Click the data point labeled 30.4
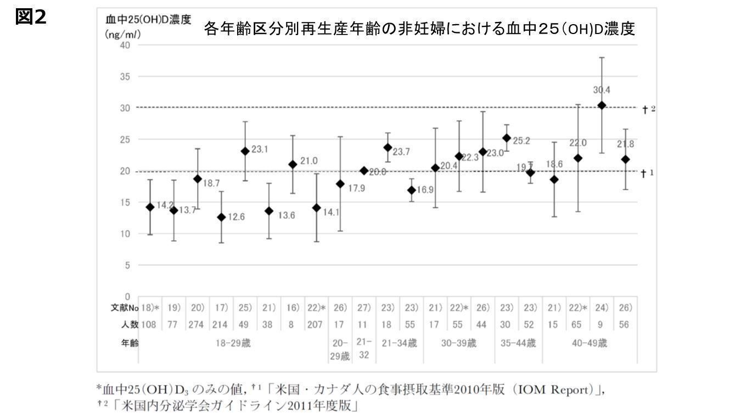[602, 105]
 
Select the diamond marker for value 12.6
[221, 217]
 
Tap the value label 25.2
[521, 140]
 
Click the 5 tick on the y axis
[127, 265]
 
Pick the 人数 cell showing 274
[197, 325]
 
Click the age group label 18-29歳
[233, 344]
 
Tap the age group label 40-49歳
[590, 344]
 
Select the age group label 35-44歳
[518, 344]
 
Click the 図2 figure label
[31, 18]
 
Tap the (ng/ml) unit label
[123, 34]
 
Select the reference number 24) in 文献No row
[601, 308]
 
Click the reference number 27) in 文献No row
[364, 308]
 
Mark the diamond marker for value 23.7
[388, 148]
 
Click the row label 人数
[130, 325]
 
